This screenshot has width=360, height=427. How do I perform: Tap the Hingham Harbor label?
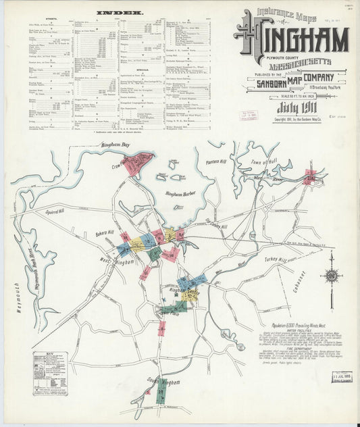click(180, 194)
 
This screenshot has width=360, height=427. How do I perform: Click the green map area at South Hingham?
click(161, 395)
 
